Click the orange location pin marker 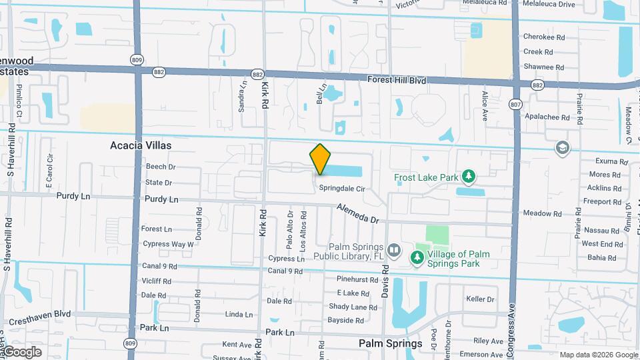coord(320,159)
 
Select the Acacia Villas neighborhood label coord(141,145)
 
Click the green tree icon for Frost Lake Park coord(470,176)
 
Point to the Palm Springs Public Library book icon coord(394,251)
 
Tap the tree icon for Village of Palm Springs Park coord(418,257)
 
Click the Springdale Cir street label coord(341,189)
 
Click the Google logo coord(23,351)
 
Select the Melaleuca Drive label coord(548,4)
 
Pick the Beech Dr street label coord(160,167)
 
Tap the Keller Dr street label coord(480,299)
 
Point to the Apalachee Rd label coord(547,117)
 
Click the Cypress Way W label coord(168,244)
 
